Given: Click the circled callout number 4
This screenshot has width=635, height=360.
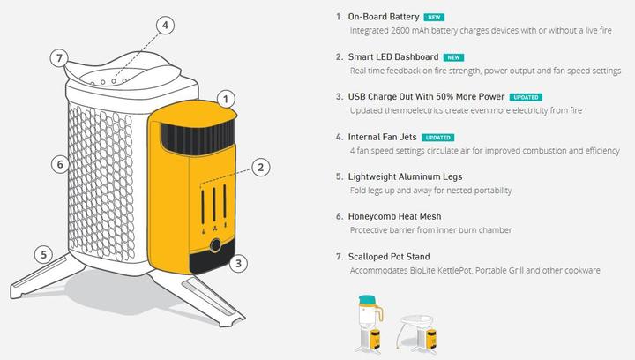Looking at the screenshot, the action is (x=165, y=26).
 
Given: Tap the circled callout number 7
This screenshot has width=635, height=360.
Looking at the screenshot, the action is (x=59, y=58).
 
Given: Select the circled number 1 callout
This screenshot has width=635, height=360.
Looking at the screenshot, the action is (x=226, y=99).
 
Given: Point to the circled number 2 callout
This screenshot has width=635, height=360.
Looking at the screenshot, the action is (x=260, y=168).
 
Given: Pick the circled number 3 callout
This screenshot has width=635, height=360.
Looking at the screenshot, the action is (x=238, y=264).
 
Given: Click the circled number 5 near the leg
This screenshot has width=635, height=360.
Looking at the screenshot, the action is (x=43, y=254).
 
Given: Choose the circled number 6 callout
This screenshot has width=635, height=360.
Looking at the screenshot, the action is (x=60, y=164).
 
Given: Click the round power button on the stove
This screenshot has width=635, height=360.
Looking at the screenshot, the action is (x=215, y=245).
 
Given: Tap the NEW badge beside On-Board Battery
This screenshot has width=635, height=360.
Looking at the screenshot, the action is (x=434, y=18).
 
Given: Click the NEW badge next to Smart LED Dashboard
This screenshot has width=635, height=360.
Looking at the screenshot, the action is (x=453, y=57).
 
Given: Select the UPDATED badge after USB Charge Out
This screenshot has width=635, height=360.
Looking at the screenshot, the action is (x=526, y=97).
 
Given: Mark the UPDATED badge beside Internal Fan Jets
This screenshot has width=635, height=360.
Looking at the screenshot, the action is (x=437, y=138).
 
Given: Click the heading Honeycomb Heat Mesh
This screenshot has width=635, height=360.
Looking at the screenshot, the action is (x=394, y=217).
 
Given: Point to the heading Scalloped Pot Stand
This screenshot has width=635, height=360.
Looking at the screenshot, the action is (x=389, y=257).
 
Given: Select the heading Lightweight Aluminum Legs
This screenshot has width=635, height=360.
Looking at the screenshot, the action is (x=405, y=177).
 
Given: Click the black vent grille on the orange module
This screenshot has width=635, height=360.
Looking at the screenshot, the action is (x=198, y=138).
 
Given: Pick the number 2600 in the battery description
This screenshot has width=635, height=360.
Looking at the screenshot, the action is (x=400, y=30).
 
